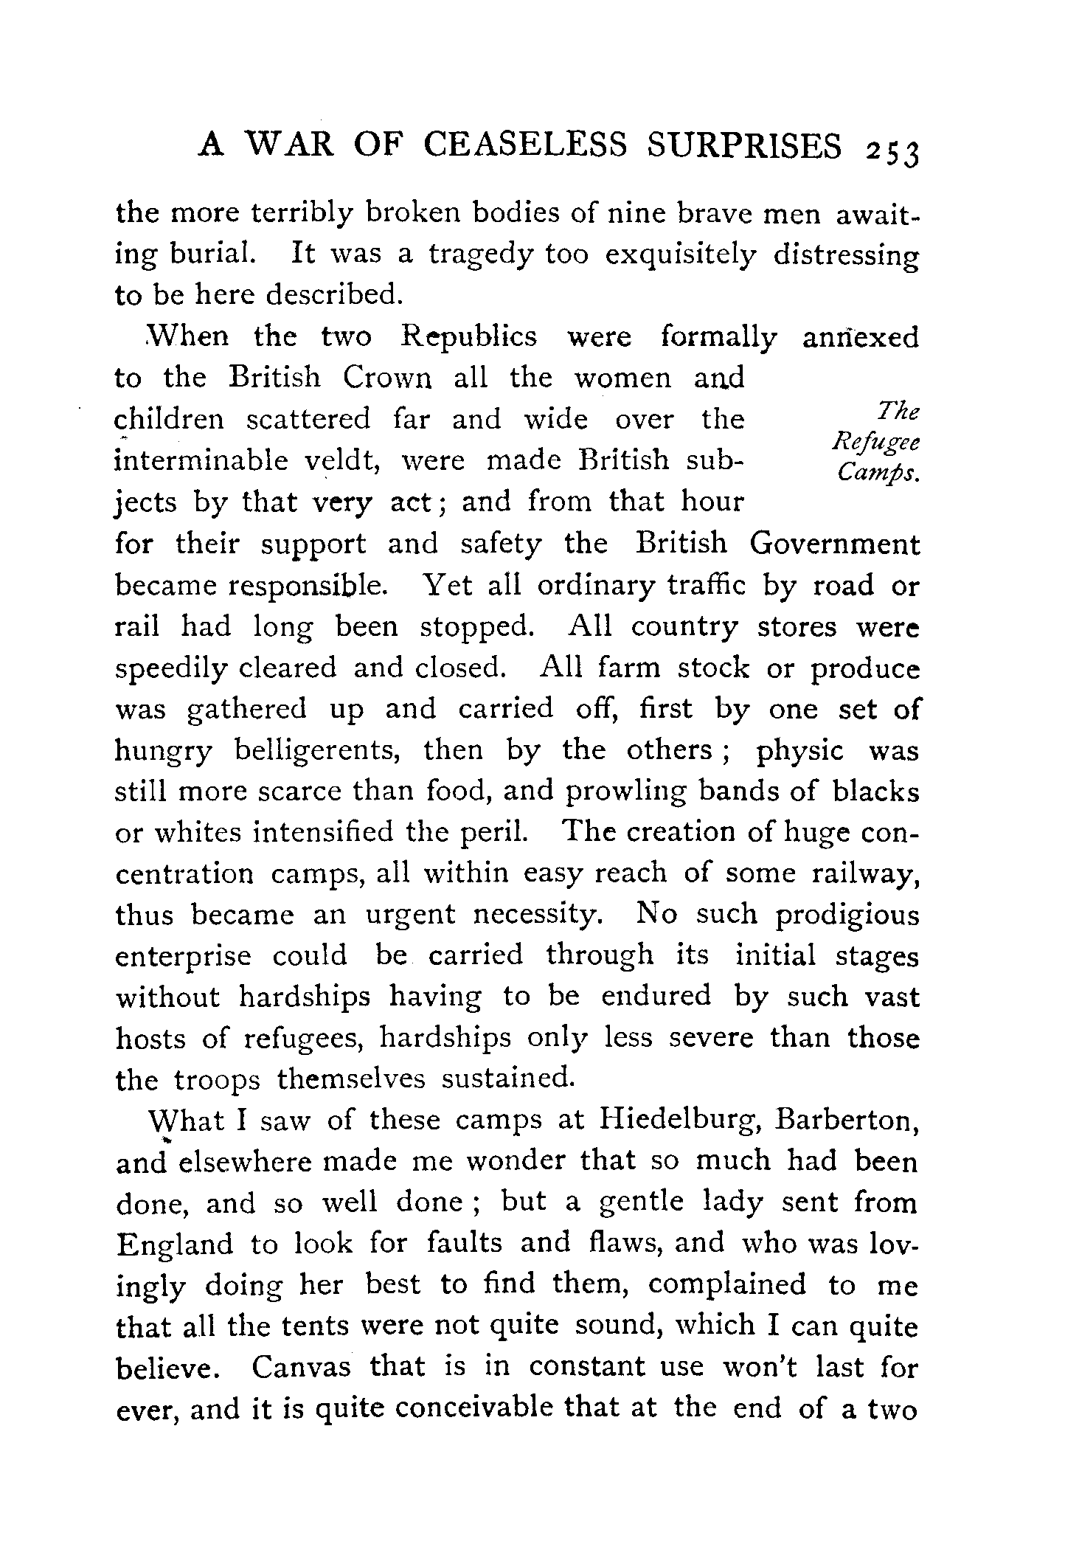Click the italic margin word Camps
(878, 475)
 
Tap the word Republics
(469, 337)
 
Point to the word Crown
(386, 378)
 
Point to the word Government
(835, 544)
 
